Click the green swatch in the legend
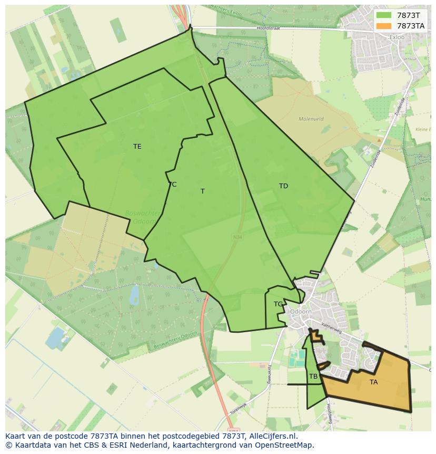(x=384, y=15)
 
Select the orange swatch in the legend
(x=384, y=26)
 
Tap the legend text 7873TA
(x=411, y=26)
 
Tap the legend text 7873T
(x=409, y=15)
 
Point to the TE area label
(x=137, y=147)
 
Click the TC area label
(x=172, y=185)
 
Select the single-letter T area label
(x=203, y=191)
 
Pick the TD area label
(x=283, y=186)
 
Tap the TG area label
(x=278, y=304)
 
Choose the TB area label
(x=313, y=376)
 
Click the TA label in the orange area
(x=373, y=382)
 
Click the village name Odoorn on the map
(x=301, y=312)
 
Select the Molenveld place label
(x=311, y=119)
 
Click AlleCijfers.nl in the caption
(x=272, y=436)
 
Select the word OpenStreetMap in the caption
(x=284, y=445)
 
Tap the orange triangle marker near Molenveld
(x=379, y=140)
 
